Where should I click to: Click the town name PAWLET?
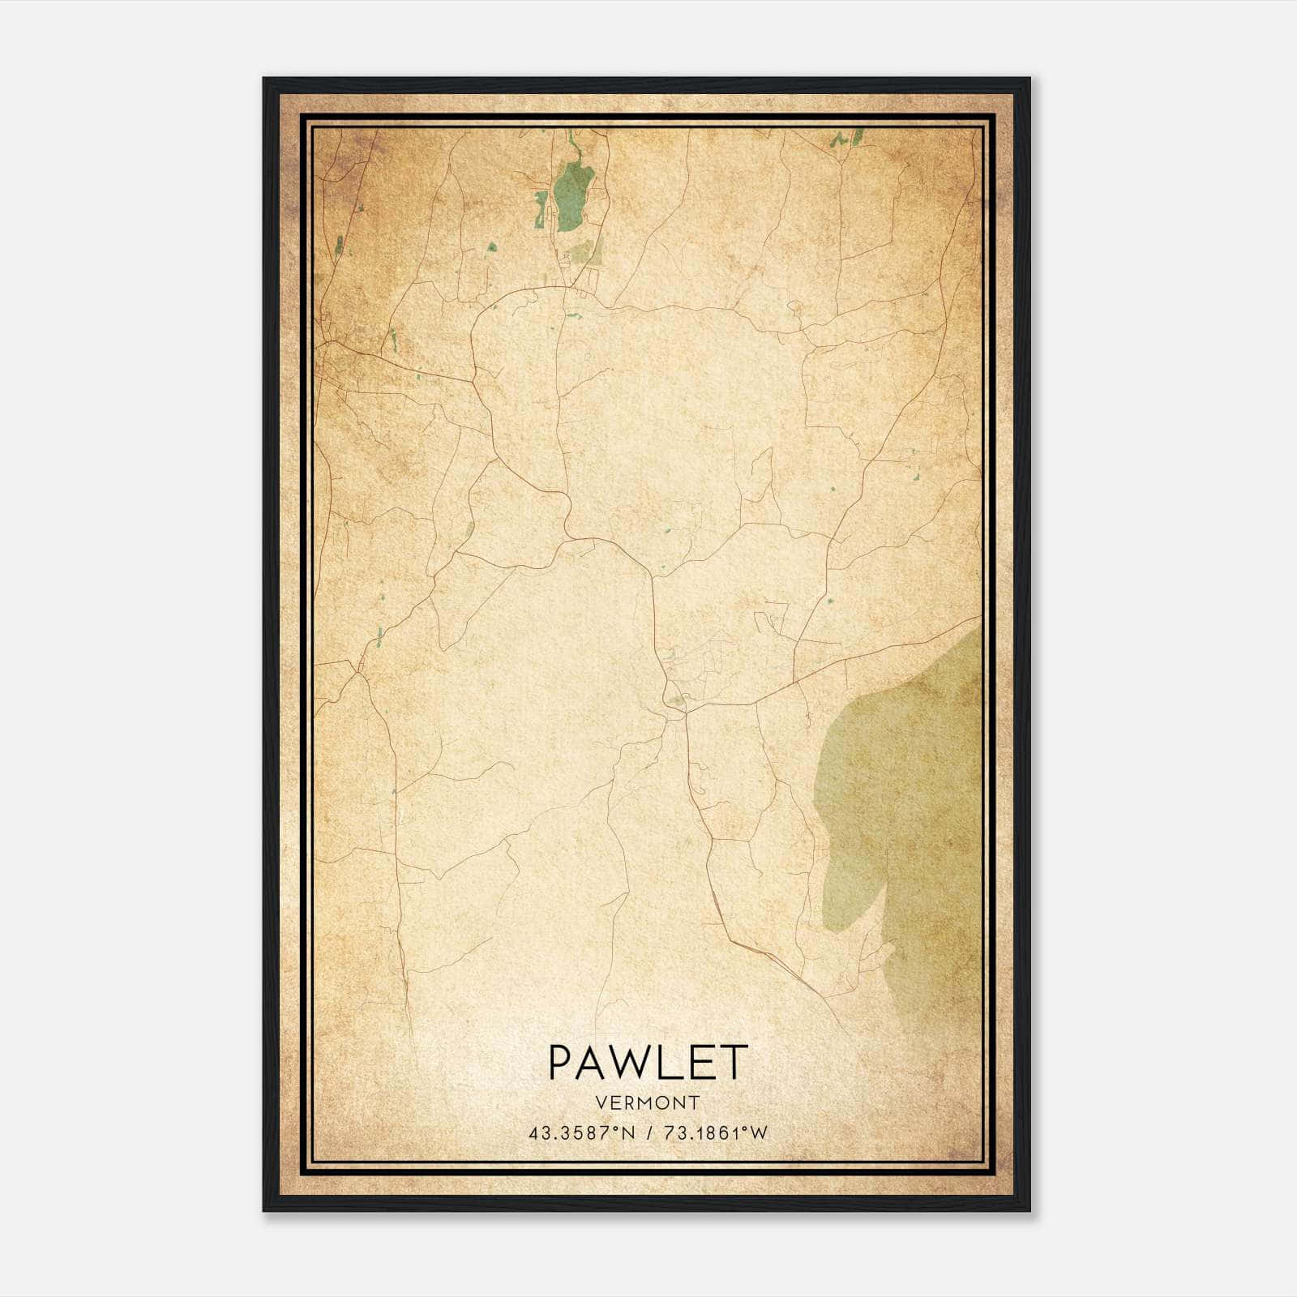(647, 1062)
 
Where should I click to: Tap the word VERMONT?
(647, 1102)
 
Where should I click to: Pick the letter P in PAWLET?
(561, 1062)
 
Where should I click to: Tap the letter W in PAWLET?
(631, 1062)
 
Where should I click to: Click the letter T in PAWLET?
(733, 1062)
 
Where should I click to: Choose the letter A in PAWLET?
(592, 1062)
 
